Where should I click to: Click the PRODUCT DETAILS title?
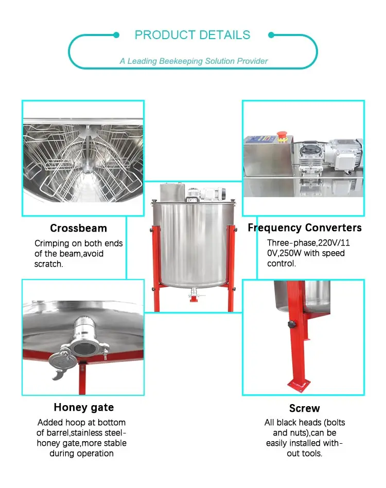point(192,35)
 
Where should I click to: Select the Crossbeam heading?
point(78,228)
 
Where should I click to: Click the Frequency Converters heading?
point(305,228)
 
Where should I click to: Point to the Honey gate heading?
point(84,407)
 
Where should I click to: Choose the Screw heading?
point(305,408)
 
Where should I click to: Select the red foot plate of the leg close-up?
point(299,384)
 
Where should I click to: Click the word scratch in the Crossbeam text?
point(49,264)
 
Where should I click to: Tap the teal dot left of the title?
point(116,35)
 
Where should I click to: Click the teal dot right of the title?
point(271,35)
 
